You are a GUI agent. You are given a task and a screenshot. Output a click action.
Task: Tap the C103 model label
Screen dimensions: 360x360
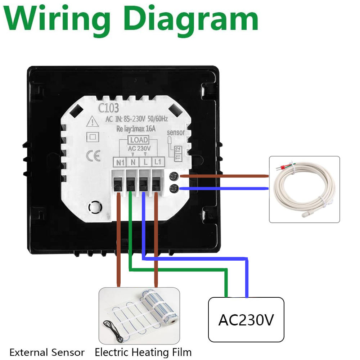point(109,108)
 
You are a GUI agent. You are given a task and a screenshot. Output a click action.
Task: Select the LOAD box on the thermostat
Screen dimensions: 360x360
point(139,140)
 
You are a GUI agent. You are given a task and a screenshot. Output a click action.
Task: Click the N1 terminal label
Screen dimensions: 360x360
point(120,162)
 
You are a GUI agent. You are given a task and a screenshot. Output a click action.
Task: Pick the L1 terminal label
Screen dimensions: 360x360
point(157,162)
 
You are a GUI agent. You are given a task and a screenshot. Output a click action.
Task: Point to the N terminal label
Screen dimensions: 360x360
point(132,162)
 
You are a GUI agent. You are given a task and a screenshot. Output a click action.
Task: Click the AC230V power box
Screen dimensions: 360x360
point(246,319)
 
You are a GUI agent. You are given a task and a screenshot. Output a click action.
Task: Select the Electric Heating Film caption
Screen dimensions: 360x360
point(143,352)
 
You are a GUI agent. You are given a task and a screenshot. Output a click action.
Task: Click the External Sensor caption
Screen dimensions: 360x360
point(47,352)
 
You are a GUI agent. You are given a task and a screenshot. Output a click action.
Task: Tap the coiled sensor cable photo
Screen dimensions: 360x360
point(304,189)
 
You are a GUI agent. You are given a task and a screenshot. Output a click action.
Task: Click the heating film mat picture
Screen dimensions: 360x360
point(139,315)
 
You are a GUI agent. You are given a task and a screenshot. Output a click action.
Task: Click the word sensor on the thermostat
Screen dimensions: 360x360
point(176,132)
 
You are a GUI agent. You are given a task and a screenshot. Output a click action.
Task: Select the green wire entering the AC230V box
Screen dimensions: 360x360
point(226,284)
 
